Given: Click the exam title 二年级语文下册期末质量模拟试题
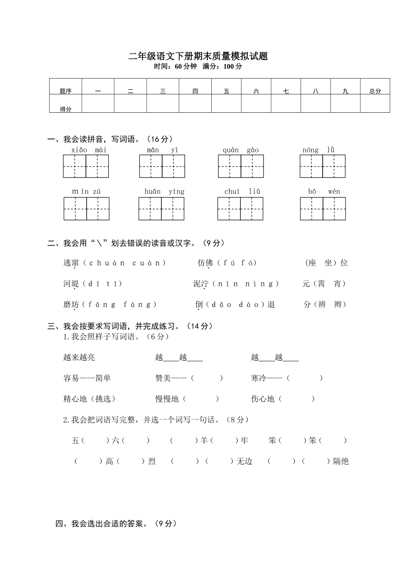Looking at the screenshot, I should [x=198, y=56].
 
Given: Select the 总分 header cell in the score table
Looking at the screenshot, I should [x=375, y=91].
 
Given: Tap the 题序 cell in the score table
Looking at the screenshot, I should [x=65, y=91].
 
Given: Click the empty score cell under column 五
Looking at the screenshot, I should [x=226, y=104].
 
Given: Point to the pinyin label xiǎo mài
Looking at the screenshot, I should [x=89, y=150].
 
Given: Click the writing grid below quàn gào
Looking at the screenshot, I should [x=241, y=166].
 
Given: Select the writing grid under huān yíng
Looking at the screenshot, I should [x=162, y=209].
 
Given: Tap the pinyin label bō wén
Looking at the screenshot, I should [x=324, y=192].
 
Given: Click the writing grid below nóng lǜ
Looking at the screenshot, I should [x=323, y=166].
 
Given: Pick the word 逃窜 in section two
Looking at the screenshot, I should [x=71, y=263].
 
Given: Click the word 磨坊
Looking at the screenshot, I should [x=71, y=305].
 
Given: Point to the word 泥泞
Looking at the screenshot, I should [x=201, y=284].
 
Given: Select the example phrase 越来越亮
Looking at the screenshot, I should [x=79, y=357].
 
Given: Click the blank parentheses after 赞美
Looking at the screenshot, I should [x=207, y=378].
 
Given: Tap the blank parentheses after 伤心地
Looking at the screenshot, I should [x=296, y=399].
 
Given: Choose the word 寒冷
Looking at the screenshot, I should [x=258, y=378].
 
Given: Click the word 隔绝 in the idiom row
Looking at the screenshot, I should [x=341, y=462].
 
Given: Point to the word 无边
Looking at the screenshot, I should [x=244, y=462].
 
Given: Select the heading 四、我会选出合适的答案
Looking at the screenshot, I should [x=116, y=523].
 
